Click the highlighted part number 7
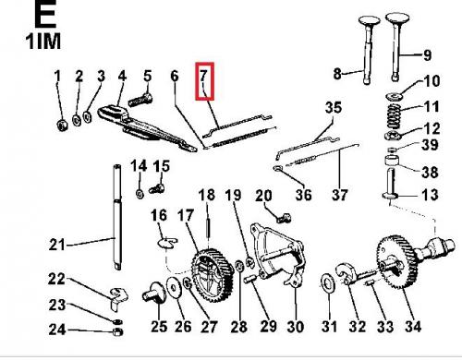pyautogui.click(x=203, y=75)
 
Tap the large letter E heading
pyautogui.click(x=45, y=13)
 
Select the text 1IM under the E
pyautogui.click(x=43, y=42)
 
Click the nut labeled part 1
pyautogui.click(x=63, y=126)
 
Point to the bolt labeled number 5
pyautogui.click(x=140, y=100)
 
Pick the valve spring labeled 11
pyautogui.click(x=394, y=116)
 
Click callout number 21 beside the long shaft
pyautogui.click(x=57, y=245)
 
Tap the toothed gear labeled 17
pyautogui.click(x=212, y=272)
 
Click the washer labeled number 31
pyautogui.click(x=329, y=282)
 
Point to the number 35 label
pyautogui.click(x=334, y=108)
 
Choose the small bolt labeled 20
pyautogui.click(x=284, y=219)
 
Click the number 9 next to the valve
pyautogui.click(x=427, y=55)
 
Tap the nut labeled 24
pyautogui.click(x=117, y=332)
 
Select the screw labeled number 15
pyautogui.click(x=157, y=188)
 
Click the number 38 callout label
pyautogui.click(x=430, y=172)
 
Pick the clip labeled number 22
pyautogui.click(x=118, y=295)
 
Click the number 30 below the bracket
pyautogui.click(x=295, y=327)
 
